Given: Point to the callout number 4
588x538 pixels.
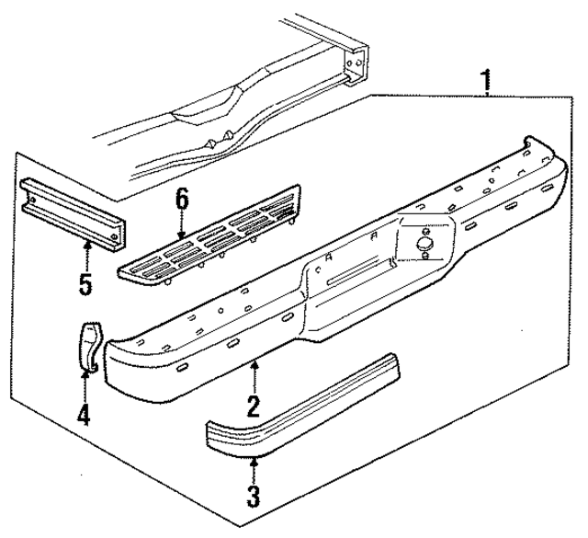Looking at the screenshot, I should click(84, 415).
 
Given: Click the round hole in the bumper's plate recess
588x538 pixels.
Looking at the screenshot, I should click(422, 245).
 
